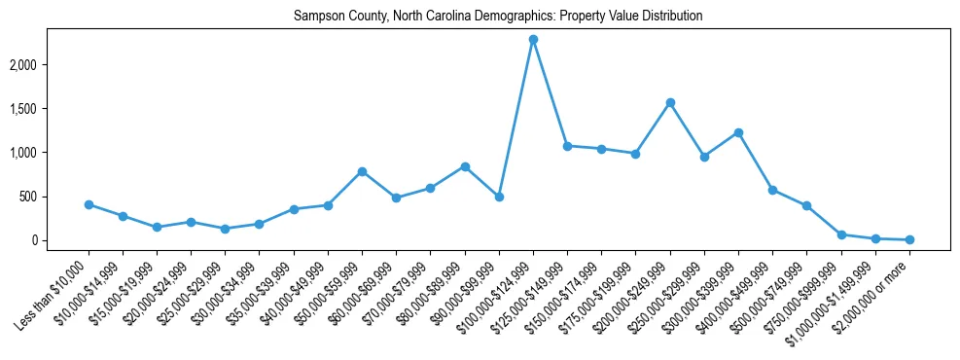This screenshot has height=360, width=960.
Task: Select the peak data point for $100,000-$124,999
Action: point(533,40)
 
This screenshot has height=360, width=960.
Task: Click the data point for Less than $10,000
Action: point(89,204)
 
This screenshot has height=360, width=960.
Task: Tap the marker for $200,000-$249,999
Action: point(670,102)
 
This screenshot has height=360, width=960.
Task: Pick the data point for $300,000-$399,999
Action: point(738,132)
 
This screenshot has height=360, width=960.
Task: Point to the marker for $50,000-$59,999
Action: point(362,171)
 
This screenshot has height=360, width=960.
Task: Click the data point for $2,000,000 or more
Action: point(909,239)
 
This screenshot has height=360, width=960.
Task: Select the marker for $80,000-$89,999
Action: point(465,166)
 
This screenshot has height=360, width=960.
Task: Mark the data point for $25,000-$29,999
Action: point(225,229)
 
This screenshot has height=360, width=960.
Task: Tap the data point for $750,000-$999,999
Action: point(841,234)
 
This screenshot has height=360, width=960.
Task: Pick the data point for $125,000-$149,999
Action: point(567,146)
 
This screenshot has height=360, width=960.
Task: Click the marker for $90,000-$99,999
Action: point(499,197)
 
